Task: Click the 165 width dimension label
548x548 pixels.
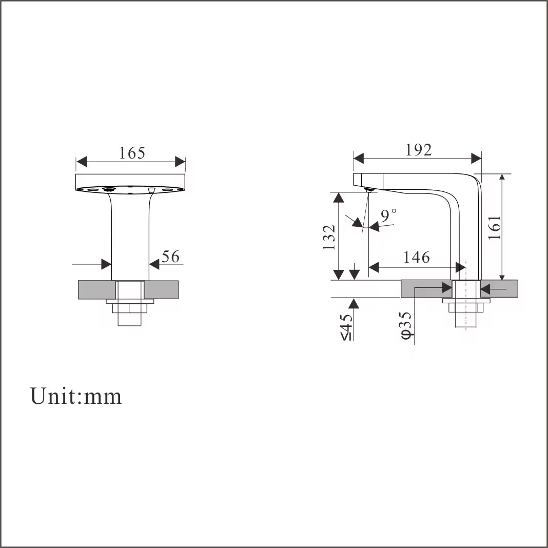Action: coord(132,153)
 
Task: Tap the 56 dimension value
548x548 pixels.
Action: coord(170,257)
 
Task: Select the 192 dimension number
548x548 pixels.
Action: coord(418,150)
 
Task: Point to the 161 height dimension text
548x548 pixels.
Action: coord(495,227)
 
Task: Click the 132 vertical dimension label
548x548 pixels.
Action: coord(329,238)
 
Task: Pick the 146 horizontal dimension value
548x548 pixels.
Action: coord(416,257)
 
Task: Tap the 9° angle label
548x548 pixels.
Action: coord(388,215)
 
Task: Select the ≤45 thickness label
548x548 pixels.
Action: coord(346,327)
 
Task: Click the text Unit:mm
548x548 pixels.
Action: coord(76,396)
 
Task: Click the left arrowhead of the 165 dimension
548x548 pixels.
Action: coord(82,162)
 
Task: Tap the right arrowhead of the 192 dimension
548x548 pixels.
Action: coord(476,159)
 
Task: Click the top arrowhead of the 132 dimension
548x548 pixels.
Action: coord(338,198)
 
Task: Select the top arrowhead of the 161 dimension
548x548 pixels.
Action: coord(502,177)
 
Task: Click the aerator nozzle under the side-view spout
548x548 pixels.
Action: coord(368,190)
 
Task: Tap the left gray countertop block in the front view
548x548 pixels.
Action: coord(97,290)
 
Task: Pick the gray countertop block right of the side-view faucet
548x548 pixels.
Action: coord(499,289)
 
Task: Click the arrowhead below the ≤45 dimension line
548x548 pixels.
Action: coord(354,304)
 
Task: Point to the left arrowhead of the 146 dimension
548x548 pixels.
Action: coord(374,268)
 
